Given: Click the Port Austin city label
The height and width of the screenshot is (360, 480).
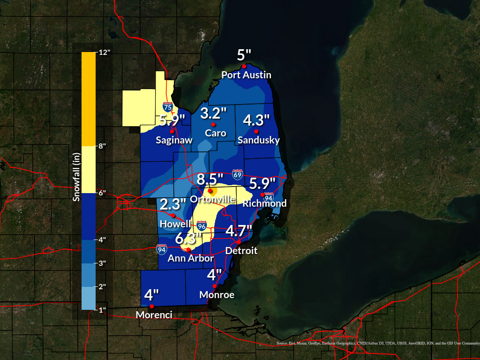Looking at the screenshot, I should (246, 75).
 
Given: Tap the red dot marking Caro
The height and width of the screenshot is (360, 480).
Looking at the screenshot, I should (213, 125).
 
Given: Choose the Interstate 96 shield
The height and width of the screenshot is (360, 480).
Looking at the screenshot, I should (202, 226).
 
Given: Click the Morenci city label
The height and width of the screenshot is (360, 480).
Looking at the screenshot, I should (151, 315).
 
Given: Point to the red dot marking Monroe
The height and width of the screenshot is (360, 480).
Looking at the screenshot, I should (215, 286).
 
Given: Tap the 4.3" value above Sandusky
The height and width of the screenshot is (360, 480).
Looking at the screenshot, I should (256, 120).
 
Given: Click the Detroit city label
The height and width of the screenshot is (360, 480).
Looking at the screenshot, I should (241, 251).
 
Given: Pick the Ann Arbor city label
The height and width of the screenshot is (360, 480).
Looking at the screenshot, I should (191, 258).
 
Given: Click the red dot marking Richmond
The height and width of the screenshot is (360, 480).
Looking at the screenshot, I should (262, 195).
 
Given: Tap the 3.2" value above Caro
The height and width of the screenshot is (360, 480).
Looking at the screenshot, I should (213, 113).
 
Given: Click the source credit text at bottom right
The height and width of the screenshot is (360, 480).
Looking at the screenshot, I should (377, 344).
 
